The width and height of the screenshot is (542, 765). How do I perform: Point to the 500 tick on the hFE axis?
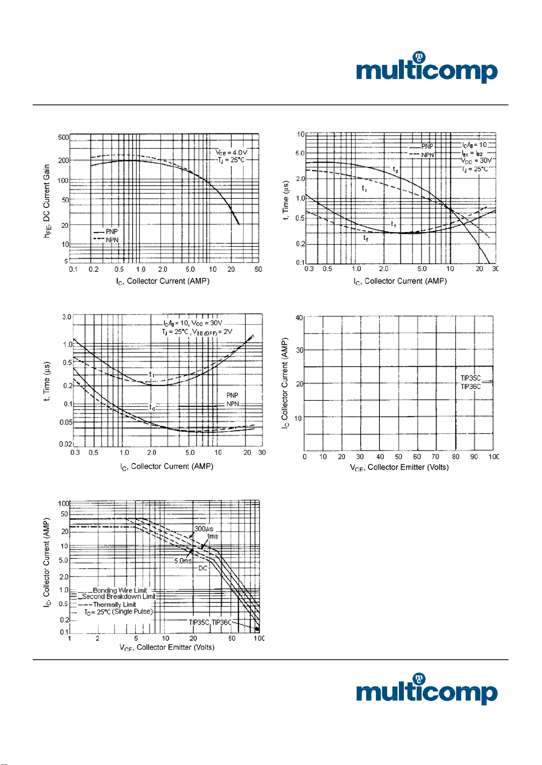(64, 138)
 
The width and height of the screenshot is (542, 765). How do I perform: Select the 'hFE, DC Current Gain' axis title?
(47, 201)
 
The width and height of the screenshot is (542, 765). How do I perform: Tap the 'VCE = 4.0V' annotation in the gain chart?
(231, 153)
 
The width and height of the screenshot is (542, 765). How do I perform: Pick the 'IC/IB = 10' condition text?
(474, 145)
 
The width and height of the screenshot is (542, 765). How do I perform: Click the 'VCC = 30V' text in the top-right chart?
(476, 161)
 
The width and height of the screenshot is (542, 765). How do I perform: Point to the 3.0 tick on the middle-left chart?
(67, 317)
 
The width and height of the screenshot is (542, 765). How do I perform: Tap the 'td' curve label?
(153, 407)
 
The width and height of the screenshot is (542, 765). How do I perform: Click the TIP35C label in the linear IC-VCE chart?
(470, 378)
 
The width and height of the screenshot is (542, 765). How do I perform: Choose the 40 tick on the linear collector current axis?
(299, 318)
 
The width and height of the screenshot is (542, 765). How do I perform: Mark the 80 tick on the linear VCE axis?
(455, 457)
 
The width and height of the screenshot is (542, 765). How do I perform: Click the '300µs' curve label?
(204, 529)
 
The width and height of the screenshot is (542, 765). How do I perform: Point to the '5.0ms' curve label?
(183, 561)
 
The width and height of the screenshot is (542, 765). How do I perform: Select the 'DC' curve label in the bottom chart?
(203, 568)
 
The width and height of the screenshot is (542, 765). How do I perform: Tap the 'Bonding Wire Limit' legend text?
(120, 590)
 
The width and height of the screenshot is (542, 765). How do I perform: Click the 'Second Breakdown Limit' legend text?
(119, 597)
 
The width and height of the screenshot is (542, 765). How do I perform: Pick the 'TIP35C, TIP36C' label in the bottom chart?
(210, 622)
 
